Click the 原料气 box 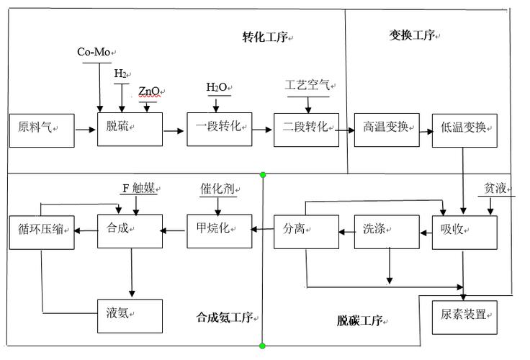(41, 130)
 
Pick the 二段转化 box (306, 130)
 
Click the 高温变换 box (386, 130)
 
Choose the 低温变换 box (464, 130)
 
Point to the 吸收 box (464, 231)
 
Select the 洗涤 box (386, 231)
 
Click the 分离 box (306, 231)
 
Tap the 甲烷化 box (219, 231)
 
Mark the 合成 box (130, 231)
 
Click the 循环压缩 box (41, 231)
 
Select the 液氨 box (130, 315)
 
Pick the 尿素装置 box (464, 315)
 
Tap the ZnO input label (150, 92)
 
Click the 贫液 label (496, 189)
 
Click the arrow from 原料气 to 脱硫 (85, 130)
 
